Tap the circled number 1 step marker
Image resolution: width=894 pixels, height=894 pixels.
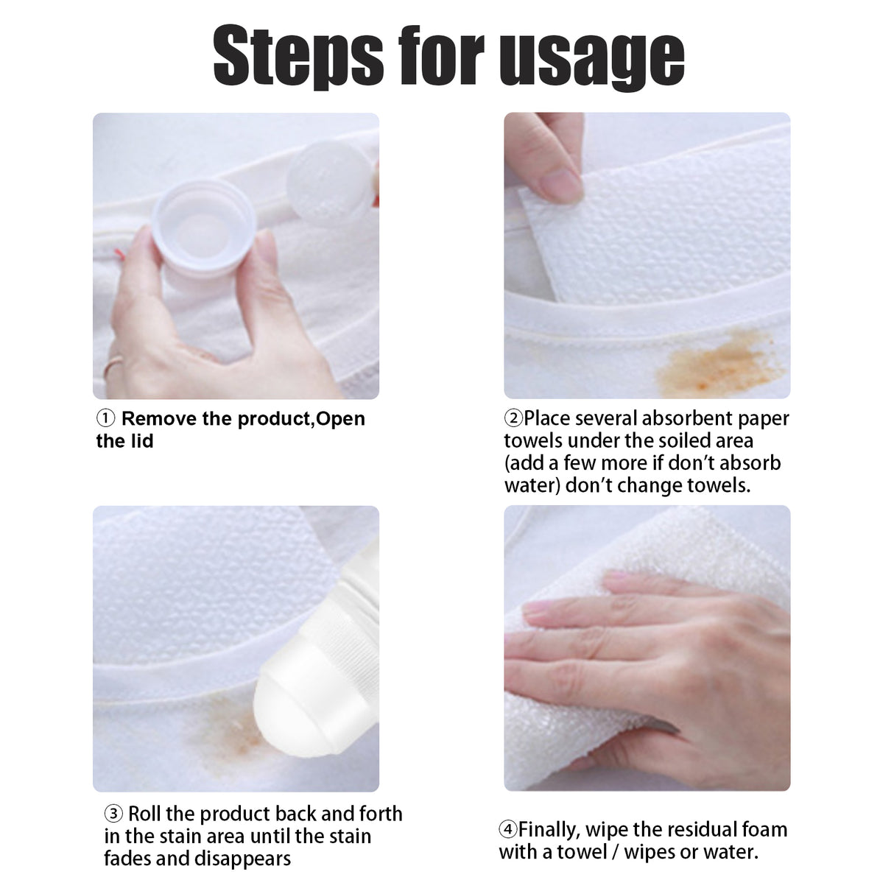coord(106,418)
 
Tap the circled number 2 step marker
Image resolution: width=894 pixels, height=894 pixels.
coord(513,418)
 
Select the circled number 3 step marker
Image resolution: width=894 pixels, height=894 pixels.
coord(113,814)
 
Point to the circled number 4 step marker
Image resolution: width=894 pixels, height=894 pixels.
coord(508,829)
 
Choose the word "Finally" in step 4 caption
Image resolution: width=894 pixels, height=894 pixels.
coord(548,829)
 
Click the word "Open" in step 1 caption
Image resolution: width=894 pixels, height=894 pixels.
coord(340,418)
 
